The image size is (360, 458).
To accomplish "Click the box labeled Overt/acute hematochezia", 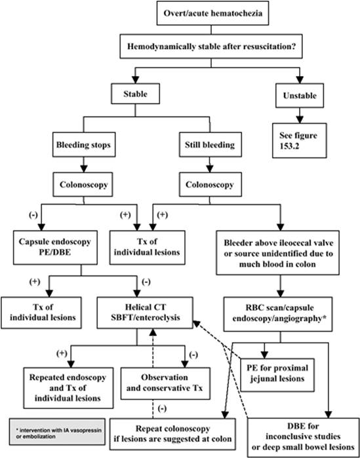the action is point(212,14).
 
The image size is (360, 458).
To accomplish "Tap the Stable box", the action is point(135,94).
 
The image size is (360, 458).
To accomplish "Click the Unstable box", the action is point(300,96).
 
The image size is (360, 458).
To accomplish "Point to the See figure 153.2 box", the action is point(300,140).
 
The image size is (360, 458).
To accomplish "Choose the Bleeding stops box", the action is point(83,145).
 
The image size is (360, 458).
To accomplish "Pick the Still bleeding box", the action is point(210,145).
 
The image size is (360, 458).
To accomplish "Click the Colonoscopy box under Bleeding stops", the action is point(83,184).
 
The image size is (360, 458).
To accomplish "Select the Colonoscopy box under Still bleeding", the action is point(210,184).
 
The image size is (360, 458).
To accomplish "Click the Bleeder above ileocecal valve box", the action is point(278,253).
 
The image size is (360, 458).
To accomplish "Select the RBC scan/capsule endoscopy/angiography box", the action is point(278,314).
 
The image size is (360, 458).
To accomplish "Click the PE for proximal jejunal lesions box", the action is point(277,375).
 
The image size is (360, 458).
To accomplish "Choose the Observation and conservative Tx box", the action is point(165,383).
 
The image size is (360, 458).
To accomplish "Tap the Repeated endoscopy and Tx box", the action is point(68,387).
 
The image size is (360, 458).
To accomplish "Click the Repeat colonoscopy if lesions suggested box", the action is point(173,434).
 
